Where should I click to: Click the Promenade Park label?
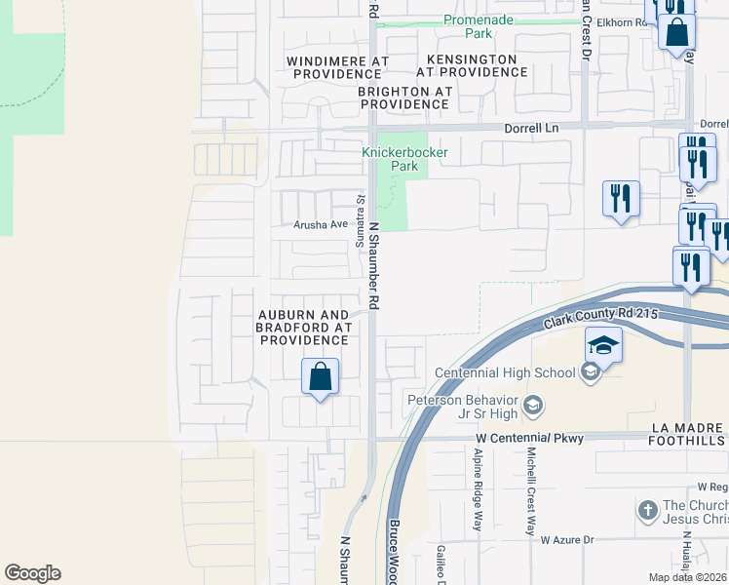tap(479, 26)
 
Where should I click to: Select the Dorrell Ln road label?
tap(531, 127)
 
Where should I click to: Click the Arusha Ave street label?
tap(321, 224)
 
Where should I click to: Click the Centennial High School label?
tap(504, 372)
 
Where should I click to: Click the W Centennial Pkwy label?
tap(529, 439)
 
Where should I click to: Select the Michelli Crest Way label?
tap(531, 493)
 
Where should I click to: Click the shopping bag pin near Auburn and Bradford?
tap(320, 376)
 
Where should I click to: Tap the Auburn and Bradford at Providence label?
tap(303, 328)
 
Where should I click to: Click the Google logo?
tap(32, 573)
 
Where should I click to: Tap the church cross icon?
tap(648, 511)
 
